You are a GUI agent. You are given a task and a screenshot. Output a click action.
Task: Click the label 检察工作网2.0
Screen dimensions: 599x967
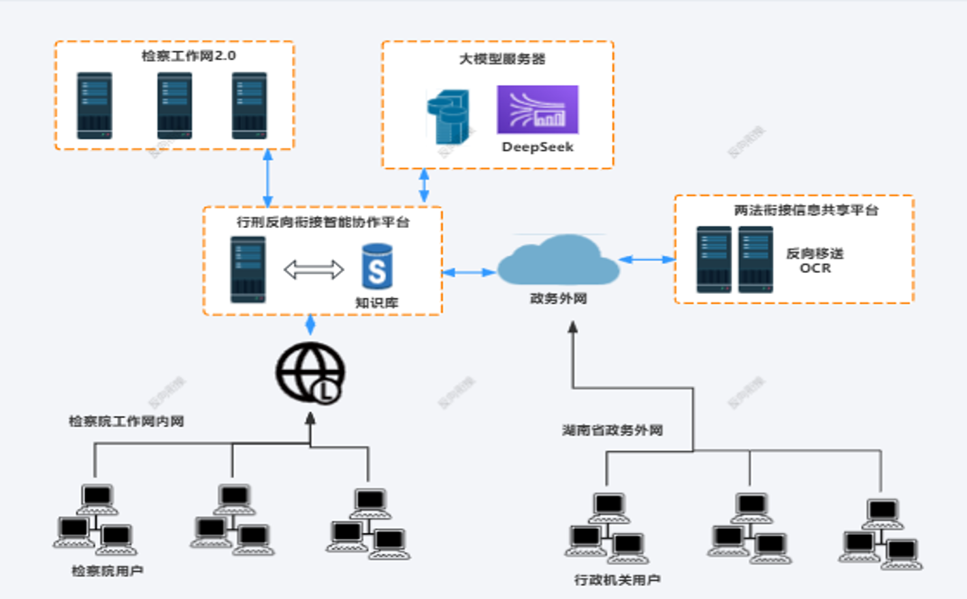click(189, 56)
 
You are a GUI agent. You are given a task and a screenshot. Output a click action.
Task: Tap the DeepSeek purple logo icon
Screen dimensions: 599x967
click(538, 109)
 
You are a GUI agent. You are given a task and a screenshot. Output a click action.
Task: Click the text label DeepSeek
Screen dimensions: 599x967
click(538, 147)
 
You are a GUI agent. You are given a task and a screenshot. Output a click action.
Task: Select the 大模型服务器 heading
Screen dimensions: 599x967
click(502, 59)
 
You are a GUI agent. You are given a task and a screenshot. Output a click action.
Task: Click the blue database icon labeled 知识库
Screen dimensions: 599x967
click(377, 267)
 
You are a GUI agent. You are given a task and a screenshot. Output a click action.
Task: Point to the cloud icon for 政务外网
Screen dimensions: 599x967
click(558, 261)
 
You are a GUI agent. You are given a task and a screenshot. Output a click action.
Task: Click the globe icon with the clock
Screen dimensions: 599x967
click(310, 373)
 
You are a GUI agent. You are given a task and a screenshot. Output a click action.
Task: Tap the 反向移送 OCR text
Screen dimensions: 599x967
click(815, 261)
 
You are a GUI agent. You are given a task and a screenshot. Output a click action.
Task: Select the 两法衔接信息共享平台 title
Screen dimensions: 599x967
click(806, 210)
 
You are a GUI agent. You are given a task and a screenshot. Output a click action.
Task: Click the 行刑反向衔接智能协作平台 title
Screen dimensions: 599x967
click(323, 222)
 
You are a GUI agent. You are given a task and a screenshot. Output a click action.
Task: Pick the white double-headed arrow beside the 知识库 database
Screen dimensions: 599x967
click(314, 270)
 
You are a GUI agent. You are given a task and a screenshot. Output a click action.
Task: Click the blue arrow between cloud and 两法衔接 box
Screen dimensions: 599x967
click(646, 259)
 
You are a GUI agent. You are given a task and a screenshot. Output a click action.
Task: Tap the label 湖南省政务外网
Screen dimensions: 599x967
click(612, 430)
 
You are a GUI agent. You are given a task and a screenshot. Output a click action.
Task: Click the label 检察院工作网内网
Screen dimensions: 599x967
click(126, 421)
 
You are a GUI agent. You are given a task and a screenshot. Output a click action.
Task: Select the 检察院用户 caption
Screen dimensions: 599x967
click(108, 571)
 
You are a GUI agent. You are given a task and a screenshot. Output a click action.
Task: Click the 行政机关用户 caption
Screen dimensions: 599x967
click(617, 580)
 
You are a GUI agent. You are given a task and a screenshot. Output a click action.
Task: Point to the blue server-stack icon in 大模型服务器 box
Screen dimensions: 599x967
click(449, 116)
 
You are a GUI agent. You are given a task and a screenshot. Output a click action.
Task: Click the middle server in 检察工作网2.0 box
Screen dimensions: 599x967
click(175, 106)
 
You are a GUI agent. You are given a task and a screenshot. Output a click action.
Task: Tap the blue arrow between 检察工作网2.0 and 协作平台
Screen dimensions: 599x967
click(268, 178)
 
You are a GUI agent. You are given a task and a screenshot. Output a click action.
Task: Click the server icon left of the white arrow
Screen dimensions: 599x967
click(248, 270)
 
